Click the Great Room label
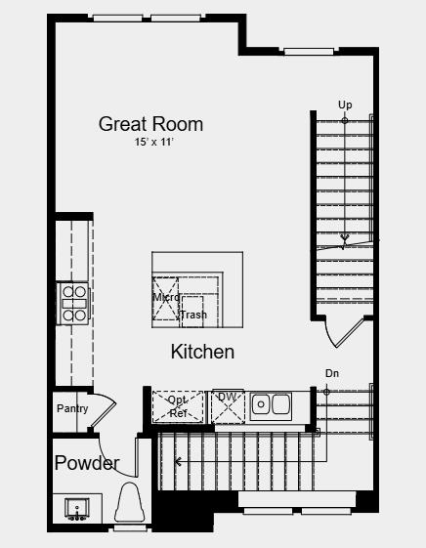[x=150, y=124]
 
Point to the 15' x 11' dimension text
[x=154, y=143]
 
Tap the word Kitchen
[x=202, y=352]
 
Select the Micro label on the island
[x=165, y=296]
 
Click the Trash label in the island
[x=193, y=315]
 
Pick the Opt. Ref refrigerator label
[x=178, y=406]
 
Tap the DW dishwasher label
[x=227, y=397]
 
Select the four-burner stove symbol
[x=74, y=302]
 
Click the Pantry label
[x=72, y=408]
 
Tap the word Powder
[x=86, y=463]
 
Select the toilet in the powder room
[x=129, y=503]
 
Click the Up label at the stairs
[x=344, y=105]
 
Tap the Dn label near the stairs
[x=332, y=373]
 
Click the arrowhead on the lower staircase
[x=178, y=458]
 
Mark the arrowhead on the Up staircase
[x=344, y=238]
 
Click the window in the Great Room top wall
[x=150, y=18]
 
